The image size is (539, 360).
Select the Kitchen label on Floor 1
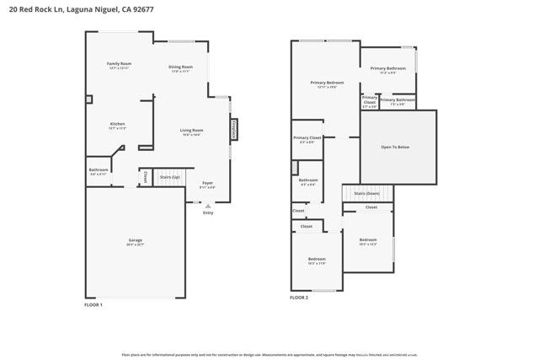pyautogui.click(x=117, y=125)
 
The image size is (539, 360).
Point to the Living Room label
pyautogui.click(x=192, y=132)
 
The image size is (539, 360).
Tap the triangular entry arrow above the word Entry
pyautogui.click(x=208, y=205)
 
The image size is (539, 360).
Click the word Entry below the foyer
pyautogui.click(x=208, y=212)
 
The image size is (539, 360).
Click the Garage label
pyautogui.click(x=135, y=241)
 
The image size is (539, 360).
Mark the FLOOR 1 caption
pyautogui.click(x=93, y=304)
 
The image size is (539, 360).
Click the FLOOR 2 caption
pyautogui.click(x=300, y=298)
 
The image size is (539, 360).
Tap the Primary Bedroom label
pyautogui.click(x=323, y=83)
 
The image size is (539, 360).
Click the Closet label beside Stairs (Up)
pyautogui.click(x=146, y=177)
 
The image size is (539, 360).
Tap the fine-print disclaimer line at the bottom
pyautogui.click(x=269, y=355)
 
